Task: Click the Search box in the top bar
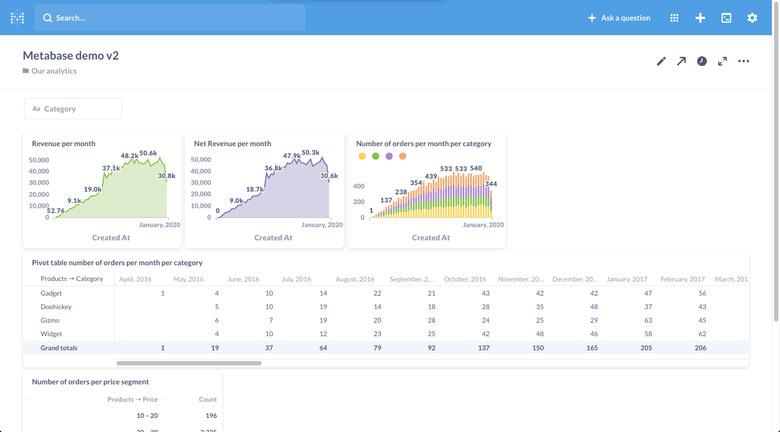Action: pyautogui.click(x=170, y=18)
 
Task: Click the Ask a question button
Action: pyautogui.click(x=619, y=18)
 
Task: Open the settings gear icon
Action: pyautogui.click(x=752, y=18)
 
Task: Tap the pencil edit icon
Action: pyautogui.click(x=661, y=61)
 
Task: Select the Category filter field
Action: pyautogui.click(x=73, y=109)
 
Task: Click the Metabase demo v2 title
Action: pyautogui.click(x=71, y=55)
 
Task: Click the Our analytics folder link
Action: pyautogui.click(x=54, y=71)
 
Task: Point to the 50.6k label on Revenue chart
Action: pyautogui.click(x=148, y=153)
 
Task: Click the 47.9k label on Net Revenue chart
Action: pyautogui.click(x=292, y=156)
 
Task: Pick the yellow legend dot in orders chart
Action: pyautogui.click(x=362, y=156)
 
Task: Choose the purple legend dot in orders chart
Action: pyautogui.click(x=389, y=156)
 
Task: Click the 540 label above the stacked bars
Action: pyautogui.click(x=476, y=168)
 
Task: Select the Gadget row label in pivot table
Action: pyautogui.click(x=51, y=293)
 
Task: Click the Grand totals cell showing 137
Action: pyautogui.click(x=483, y=348)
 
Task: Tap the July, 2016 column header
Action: pyautogui.click(x=296, y=279)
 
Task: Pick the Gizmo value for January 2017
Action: pyautogui.click(x=646, y=320)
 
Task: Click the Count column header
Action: pyautogui.click(x=207, y=400)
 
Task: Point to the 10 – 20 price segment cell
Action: pyautogui.click(x=147, y=416)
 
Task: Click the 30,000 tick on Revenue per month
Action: pyautogui.click(x=38, y=182)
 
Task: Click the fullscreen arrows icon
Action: pyautogui.click(x=723, y=61)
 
